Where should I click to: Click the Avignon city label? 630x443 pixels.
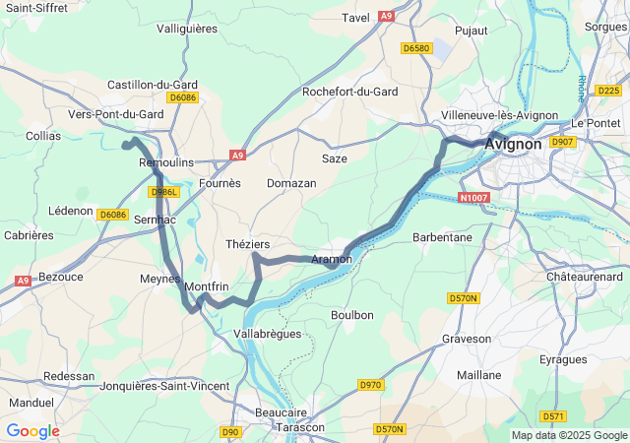513,144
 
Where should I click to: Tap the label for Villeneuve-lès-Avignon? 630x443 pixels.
498,115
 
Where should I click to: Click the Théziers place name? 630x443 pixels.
248,243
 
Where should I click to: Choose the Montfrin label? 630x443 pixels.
207,285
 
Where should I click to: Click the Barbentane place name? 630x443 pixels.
442,237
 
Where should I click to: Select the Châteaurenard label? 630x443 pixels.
585,278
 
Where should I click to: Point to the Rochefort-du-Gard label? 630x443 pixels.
350,92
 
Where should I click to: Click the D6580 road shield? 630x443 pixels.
417,47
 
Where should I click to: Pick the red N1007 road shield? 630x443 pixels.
473,198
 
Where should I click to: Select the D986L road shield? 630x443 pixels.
163,192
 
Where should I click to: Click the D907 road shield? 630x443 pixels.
562,143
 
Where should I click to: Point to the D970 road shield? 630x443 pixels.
370,384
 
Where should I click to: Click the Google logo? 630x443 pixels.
32,431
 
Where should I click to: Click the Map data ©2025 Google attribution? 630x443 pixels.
569,435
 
